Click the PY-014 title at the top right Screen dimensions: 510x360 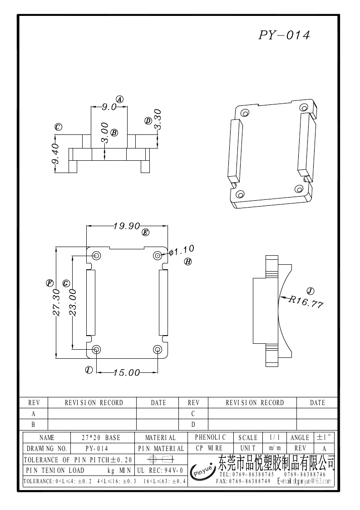[x=284, y=35]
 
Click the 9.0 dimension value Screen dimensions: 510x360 [x=109, y=107]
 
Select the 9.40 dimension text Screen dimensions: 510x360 [x=56, y=154]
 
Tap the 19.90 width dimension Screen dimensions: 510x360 [x=126, y=226]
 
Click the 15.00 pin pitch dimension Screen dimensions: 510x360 [x=126, y=373]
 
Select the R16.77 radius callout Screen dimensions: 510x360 [x=306, y=302]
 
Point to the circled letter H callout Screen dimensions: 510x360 [x=187, y=262]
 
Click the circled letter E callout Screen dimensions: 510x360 [x=145, y=233]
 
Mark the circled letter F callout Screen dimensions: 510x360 [x=49, y=283]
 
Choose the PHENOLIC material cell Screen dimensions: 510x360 [x=210, y=437]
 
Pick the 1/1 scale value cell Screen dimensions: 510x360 [x=275, y=438]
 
